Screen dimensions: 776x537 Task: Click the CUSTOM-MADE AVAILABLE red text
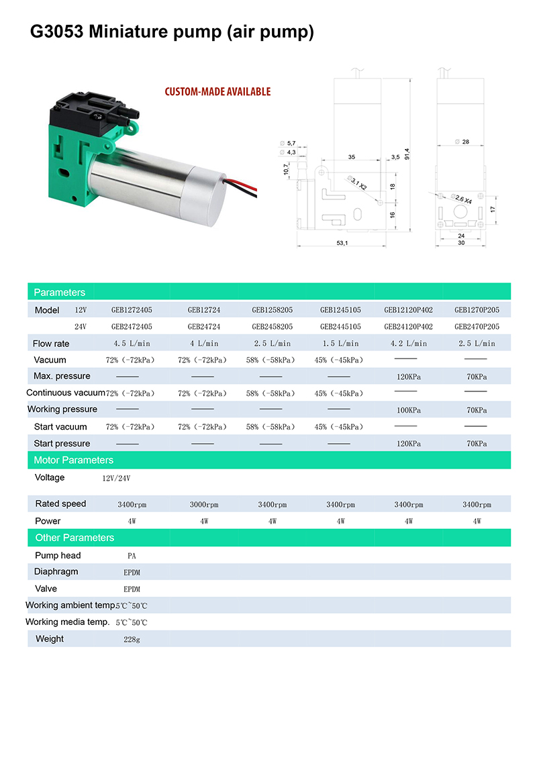point(218,92)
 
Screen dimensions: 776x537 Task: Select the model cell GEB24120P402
point(408,327)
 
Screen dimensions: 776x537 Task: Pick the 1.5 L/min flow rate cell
point(340,344)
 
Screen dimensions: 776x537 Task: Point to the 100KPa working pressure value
point(408,410)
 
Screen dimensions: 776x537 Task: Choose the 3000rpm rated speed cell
point(203,505)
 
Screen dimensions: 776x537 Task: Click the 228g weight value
point(132,640)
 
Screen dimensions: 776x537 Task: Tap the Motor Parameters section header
point(74,460)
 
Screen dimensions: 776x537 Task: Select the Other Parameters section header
point(75,538)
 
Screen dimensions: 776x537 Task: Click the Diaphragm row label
point(56,572)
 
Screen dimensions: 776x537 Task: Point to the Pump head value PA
point(132,556)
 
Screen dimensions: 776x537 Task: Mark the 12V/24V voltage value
point(116,479)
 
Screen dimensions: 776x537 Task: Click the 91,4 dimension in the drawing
point(407,153)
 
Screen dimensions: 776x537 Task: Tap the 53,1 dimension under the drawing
point(342,243)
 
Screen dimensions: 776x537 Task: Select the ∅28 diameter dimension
point(462,142)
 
